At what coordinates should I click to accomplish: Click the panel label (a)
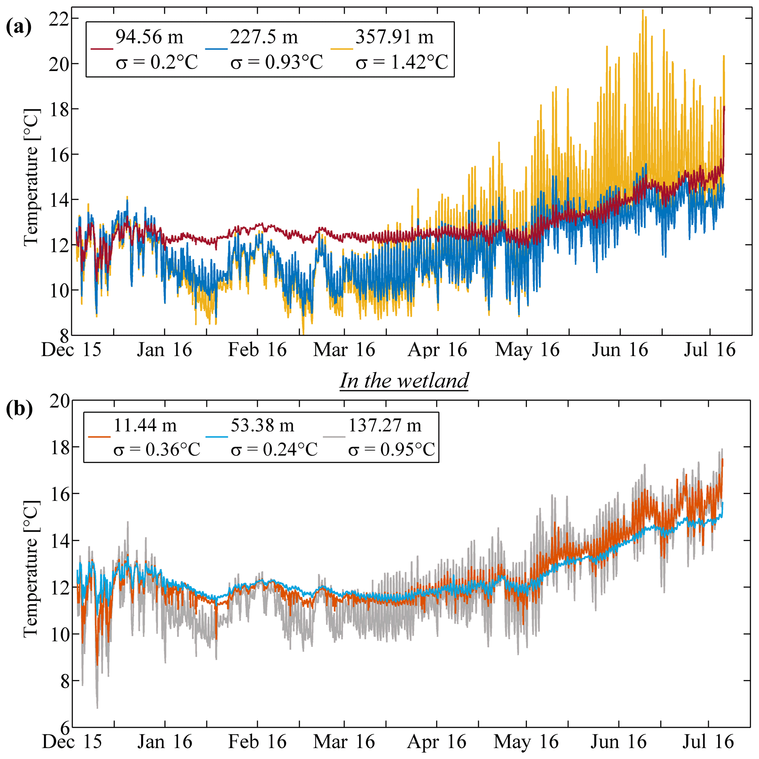click(18, 28)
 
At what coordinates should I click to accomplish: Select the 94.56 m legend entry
click(149, 37)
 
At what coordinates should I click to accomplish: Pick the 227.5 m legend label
click(264, 37)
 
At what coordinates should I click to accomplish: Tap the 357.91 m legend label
click(394, 37)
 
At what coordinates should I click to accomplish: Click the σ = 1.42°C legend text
click(402, 62)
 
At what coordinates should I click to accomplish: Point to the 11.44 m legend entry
click(145, 425)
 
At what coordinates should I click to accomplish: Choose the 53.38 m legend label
click(262, 425)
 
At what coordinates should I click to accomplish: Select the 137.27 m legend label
click(385, 425)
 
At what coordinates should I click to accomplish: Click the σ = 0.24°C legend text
click(274, 449)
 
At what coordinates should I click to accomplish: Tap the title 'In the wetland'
click(404, 381)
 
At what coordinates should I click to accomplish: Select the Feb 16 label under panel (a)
click(257, 350)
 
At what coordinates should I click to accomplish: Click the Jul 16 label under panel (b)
click(708, 742)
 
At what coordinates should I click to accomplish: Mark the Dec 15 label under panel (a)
click(71, 350)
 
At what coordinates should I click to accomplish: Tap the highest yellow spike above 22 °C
click(643, 11)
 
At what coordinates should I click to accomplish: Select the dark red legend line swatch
click(102, 49)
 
